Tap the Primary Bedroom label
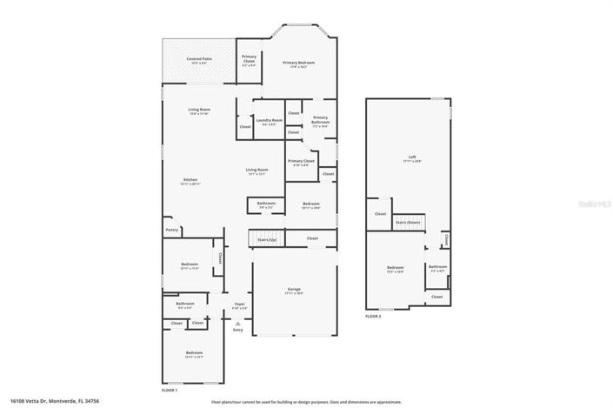click(x=298, y=64)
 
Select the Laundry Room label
click(x=269, y=120)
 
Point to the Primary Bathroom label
click(x=320, y=119)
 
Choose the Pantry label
click(x=170, y=230)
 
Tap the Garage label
click(x=294, y=291)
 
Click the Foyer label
click(x=239, y=305)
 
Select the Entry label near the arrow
click(x=238, y=329)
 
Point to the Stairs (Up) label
click(x=268, y=237)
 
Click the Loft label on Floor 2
click(x=412, y=158)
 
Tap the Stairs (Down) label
click(x=407, y=223)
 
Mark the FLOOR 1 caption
click(x=169, y=390)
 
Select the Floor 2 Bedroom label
click(x=395, y=268)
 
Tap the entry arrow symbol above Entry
click(x=238, y=321)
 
